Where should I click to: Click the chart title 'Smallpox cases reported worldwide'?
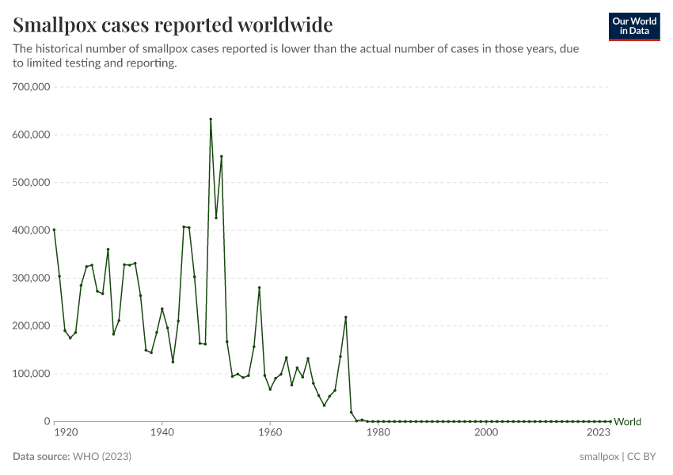click(x=173, y=24)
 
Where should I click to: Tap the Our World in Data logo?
click(x=633, y=26)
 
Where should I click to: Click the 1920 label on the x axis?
click(x=66, y=433)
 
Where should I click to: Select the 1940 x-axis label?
click(x=162, y=433)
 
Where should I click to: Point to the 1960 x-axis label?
click(x=270, y=433)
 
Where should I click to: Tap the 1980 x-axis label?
click(x=378, y=433)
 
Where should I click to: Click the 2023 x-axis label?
click(x=598, y=433)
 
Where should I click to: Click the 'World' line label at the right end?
click(x=627, y=422)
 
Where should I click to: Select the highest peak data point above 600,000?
click(x=211, y=119)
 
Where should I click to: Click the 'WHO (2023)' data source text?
click(x=101, y=457)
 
